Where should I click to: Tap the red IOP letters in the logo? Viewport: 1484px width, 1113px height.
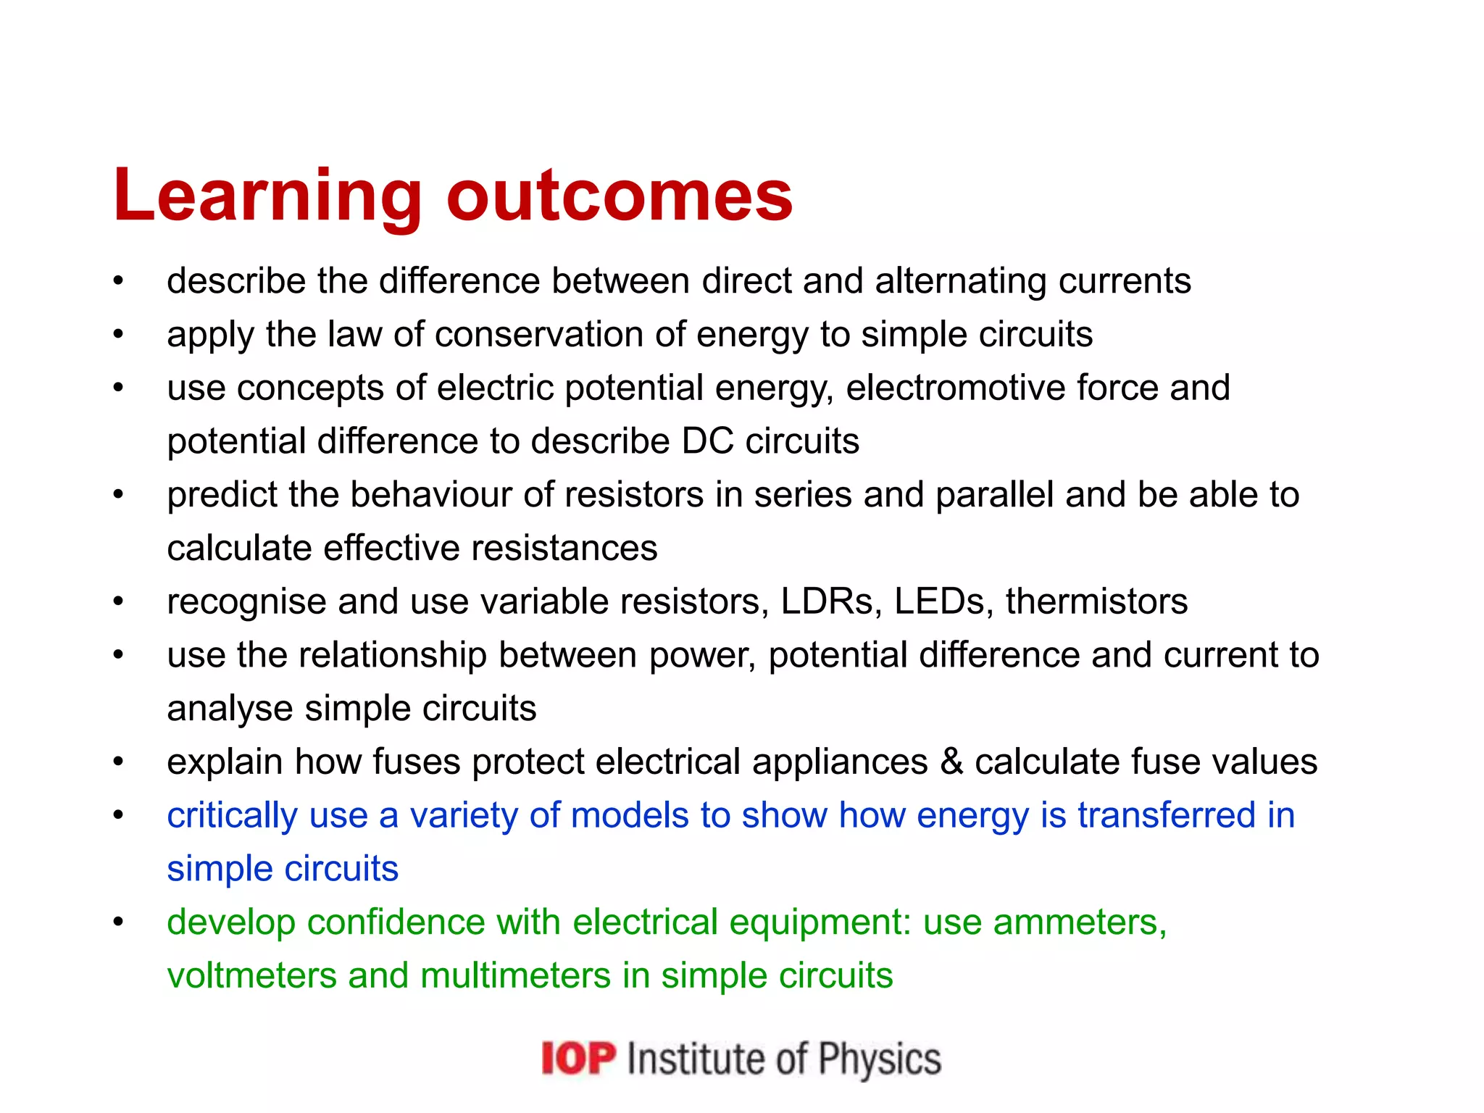[x=578, y=1059]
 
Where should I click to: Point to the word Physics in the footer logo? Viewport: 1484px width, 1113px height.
[x=880, y=1059]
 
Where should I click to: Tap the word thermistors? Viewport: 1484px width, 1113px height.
[x=1096, y=601]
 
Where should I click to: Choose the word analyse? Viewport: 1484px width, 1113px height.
[x=230, y=709]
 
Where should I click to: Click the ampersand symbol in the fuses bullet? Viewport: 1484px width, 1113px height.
[x=951, y=762]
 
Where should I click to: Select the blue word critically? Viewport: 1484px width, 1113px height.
[x=232, y=816]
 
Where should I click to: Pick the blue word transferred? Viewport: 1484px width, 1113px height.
[x=1166, y=815]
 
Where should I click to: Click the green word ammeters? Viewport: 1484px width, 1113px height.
[x=1079, y=922]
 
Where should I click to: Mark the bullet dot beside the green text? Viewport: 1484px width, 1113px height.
[x=118, y=922]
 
